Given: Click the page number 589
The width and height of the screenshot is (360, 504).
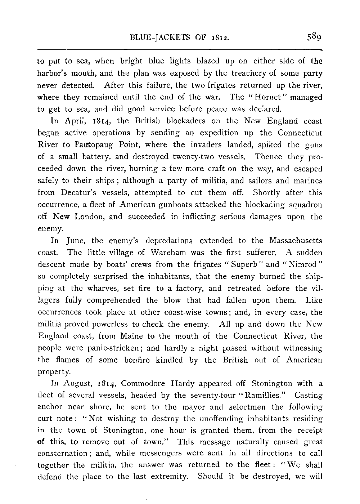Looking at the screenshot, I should pyautogui.click(x=314, y=37).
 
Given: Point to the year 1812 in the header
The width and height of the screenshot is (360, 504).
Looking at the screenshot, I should pyautogui.click(x=219, y=37).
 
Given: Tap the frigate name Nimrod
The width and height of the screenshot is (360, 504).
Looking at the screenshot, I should pyautogui.click(x=300, y=264).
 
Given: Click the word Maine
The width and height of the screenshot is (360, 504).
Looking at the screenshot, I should pyautogui.click(x=132, y=336).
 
